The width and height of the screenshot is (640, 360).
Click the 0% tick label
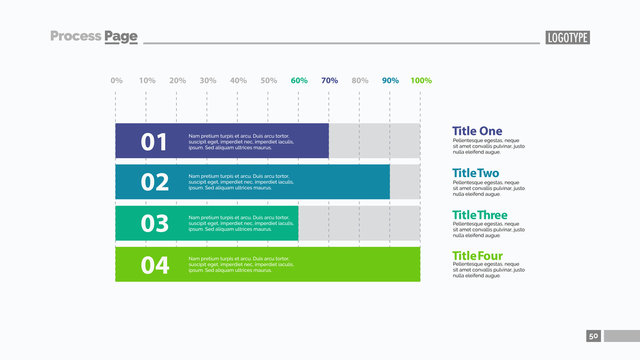click(x=116, y=80)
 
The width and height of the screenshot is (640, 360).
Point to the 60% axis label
click(x=299, y=80)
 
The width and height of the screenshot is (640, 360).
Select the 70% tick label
click(x=329, y=80)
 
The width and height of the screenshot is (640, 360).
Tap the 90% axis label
click(x=390, y=80)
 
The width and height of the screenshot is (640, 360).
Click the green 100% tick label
click(x=421, y=80)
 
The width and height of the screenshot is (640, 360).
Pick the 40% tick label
click(x=238, y=80)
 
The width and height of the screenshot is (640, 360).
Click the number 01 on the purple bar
click(x=154, y=142)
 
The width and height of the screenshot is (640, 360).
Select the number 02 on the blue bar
click(x=154, y=182)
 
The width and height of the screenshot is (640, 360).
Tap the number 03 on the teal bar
click(x=154, y=223)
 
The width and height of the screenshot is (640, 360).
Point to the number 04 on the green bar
click(x=154, y=265)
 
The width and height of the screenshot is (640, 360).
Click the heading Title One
click(x=477, y=131)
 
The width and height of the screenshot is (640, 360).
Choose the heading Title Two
click(x=476, y=173)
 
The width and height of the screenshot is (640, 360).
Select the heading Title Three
click(x=480, y=216)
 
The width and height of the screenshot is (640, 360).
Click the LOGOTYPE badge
click(x=567, y=38)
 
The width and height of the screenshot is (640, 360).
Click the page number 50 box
click(x=593, y=336)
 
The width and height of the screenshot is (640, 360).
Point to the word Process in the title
click(x=75, y=36)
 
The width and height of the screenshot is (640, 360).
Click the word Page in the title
click(x=121, y=37)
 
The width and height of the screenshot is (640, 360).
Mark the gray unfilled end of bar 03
click(x=359, y=223)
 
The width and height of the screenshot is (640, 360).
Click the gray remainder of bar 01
click(x=374, y=141)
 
